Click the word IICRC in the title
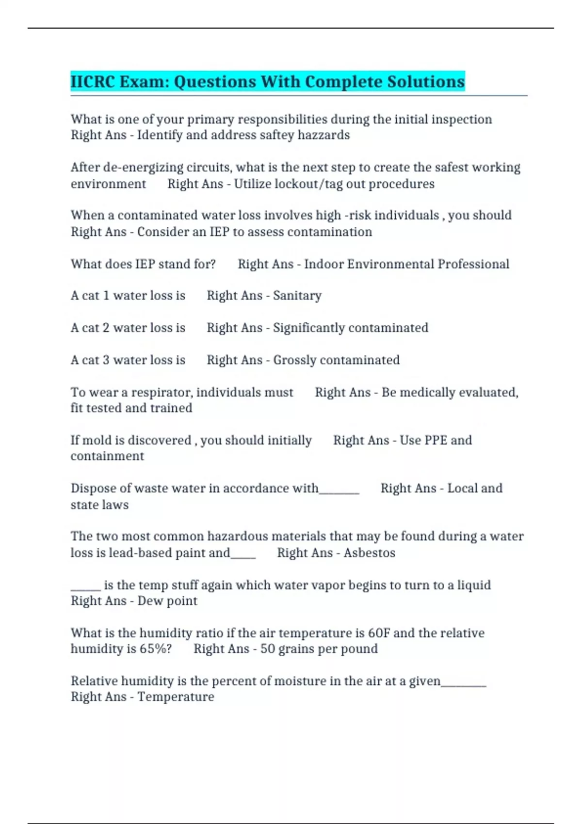(92, 81)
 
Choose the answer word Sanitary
(297, 296)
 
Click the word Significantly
(310, 328)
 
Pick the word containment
(107, 456)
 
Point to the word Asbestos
(370, 553)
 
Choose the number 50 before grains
(268, 649)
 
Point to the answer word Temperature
(176, 697)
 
